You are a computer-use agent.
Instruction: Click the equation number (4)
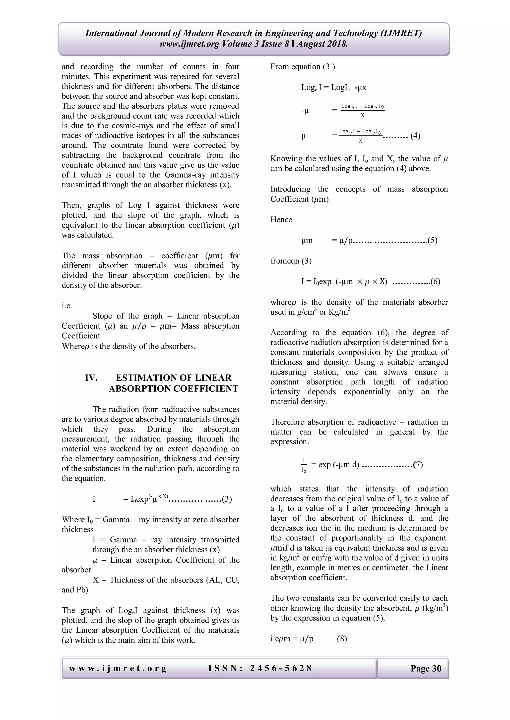415,136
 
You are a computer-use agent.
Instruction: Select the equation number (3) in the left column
227,499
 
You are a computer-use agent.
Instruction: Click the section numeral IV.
91,378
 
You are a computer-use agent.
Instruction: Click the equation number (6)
435,281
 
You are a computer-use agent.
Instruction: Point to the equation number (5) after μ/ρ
433,240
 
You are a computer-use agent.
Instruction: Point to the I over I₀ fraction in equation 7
304,465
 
